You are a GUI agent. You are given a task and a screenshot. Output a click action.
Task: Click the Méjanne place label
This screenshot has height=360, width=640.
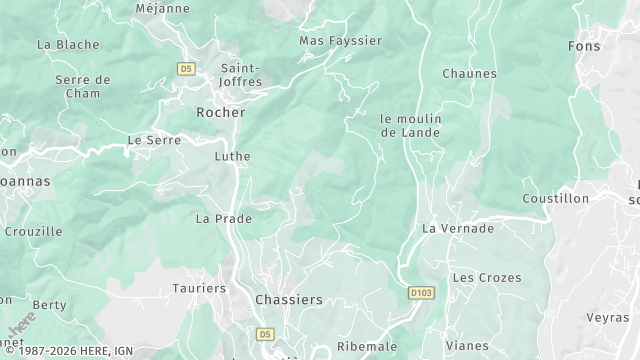click(x=162, y=9)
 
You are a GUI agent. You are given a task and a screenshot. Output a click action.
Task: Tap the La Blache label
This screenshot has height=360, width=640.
click(x=68, y=45)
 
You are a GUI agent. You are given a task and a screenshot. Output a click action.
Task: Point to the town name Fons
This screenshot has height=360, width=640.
click(x=583, y=46)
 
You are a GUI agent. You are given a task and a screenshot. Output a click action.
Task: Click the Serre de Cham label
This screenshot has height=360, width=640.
click(x=83, y=86)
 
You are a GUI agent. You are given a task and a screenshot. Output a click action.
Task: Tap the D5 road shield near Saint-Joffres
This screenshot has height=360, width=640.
click(x=185, y=69)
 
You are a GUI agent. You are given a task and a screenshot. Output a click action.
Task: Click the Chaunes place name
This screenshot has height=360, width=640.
click(x=469, y=74)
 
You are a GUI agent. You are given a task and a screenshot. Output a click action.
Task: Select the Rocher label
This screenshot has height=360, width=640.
click(x=221, y=113)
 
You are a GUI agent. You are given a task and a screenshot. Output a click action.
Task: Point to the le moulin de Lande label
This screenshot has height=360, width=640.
click(x=410, y=125)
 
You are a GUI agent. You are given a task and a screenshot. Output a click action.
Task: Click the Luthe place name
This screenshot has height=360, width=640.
click(x=232, y=157)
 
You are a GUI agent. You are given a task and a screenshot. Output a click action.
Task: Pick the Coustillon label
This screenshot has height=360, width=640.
click(x=555, y=199)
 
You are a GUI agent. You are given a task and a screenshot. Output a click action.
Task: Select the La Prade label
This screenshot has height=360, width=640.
click(x=224, y=218)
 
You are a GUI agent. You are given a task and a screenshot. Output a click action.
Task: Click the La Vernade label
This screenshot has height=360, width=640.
click(x=458, y=228)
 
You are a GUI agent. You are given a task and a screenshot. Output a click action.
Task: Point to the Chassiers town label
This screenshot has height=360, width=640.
click(x=289, y=299)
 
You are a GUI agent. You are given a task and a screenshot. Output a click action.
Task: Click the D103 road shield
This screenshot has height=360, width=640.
click(x=422, y=293)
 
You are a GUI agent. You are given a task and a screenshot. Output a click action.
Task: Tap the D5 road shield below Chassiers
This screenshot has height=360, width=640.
click(x=265, y=333)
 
